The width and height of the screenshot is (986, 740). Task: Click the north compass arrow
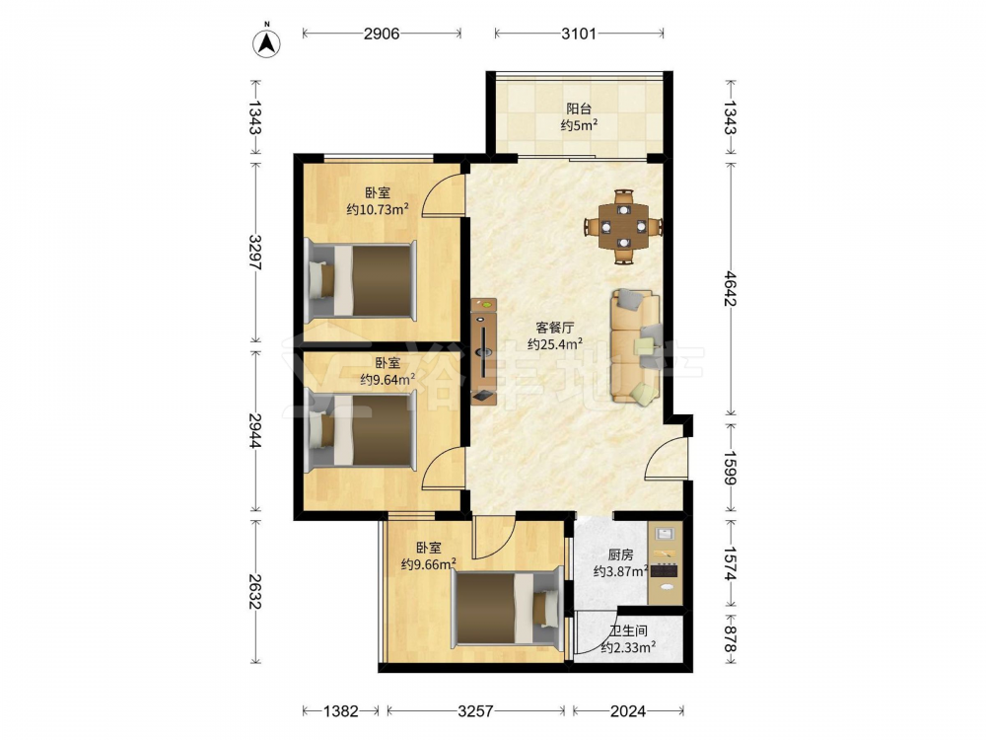tap(266, 42)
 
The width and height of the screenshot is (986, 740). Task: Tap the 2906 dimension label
tap(382, 34)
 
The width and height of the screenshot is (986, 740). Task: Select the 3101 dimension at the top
tap(579, 34)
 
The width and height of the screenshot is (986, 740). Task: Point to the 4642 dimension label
tap(730, 288)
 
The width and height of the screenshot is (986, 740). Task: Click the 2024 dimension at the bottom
tap(628, 711)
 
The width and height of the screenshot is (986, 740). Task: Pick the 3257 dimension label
tap(475, 711)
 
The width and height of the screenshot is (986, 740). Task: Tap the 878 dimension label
tap(730, 639)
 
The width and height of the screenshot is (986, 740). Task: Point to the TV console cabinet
tap(484, 352)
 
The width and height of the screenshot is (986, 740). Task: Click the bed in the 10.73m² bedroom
tap(360, 280)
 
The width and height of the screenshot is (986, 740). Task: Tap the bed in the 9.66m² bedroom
tap(507, 609)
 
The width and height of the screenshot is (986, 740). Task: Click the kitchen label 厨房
tap(620, 555)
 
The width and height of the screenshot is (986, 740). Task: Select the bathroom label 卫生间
tap(628, 630)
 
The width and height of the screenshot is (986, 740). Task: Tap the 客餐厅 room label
tap(554, 328)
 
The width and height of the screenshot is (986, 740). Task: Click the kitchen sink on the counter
tap(666, 534)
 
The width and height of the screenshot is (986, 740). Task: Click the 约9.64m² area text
tap(387, 379)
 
